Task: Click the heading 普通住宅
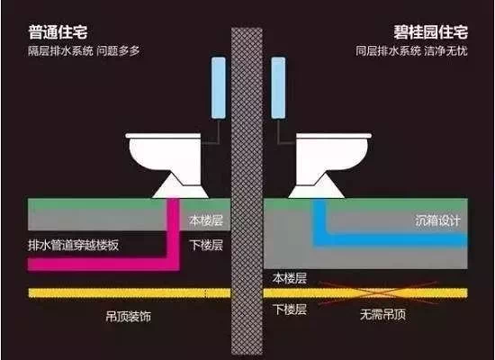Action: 58,32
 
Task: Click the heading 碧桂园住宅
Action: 430,32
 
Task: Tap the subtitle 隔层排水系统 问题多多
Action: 84,50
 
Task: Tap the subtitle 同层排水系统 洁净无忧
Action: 411,50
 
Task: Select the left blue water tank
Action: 219,88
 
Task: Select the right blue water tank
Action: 278,88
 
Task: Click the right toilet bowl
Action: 330,165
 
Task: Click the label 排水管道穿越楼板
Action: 74,246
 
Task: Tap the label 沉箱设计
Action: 437,220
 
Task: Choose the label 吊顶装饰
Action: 129,316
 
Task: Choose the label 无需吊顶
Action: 382,314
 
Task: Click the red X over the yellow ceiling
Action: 378,293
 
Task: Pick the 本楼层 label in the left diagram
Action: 206,220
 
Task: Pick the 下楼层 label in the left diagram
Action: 206,245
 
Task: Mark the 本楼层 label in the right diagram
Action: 290,278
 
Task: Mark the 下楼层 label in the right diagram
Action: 290,310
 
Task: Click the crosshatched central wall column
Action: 247,191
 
